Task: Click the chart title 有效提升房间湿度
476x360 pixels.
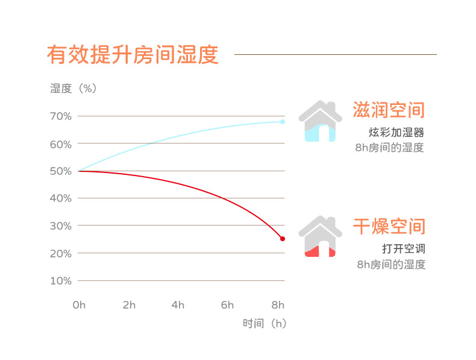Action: pyautogui.click(x=132, y=54)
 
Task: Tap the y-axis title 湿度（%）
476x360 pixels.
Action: pyautogui.click(x=73, y=88)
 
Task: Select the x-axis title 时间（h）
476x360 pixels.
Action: pyautogui.click(x=265, y=323)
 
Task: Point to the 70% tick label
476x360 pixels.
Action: pyautogui.click(x=61, y=116)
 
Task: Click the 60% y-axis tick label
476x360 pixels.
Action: pyautogui.click(x=61, y=144)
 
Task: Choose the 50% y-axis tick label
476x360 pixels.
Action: pyautogui.click(x=61, y=171)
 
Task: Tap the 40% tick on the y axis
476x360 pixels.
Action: pyautogui.click(x=61, y=198)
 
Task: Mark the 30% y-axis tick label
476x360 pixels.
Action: pyautogui.click(x=61, y=226)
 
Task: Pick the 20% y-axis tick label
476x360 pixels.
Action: pyautogui.click(x=61, y=254)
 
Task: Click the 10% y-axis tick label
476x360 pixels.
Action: pyautogui.click(x=61, y=281)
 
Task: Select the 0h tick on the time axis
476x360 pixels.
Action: pyautogui.click(x=79, y=305)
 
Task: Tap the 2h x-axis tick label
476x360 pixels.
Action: pyautogui.click(x=129, y=305)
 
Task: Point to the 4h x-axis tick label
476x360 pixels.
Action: pyautogui.click(x=178, y=305)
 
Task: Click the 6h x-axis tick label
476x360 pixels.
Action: pyautogui.click(x=227, y=305)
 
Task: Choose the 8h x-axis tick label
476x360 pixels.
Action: pyautogui.click(x=278, y=305)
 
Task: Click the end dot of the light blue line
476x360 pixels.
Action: pyautogui.click(x=283, y=122)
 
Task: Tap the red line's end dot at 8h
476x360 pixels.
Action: pyautogui.click(x=283, y=239)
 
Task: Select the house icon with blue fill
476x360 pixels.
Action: pyautogui.click(x=320, y=121)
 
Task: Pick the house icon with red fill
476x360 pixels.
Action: pyautogui.click(x=320, y=237)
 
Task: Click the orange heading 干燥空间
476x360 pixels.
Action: pyautogui.click(x=389, y=227)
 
